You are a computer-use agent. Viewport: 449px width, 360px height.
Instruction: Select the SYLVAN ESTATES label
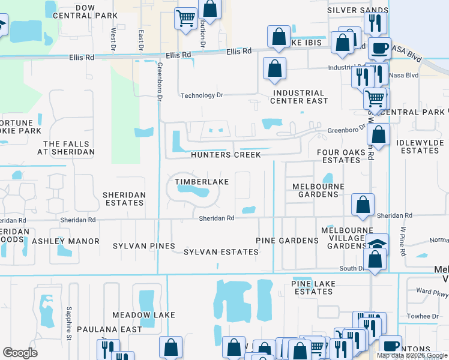[x=221, y=252]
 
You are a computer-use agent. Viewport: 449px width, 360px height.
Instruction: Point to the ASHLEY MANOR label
[x=65, y=241]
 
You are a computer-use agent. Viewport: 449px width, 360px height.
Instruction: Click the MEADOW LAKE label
[x=143, y=315]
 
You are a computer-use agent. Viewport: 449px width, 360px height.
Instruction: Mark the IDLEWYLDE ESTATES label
[x=420, y=147]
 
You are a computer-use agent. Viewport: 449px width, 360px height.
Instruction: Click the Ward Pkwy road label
[x=432, y=294]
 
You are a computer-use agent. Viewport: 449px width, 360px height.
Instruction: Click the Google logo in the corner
[x=20, y=353]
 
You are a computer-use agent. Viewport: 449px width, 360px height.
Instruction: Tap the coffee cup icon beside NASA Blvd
[x=378, y=48]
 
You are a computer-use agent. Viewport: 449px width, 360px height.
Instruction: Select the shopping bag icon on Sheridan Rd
[x=363, y=204]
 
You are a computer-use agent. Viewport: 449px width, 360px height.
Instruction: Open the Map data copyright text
[x=412, y=355]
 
